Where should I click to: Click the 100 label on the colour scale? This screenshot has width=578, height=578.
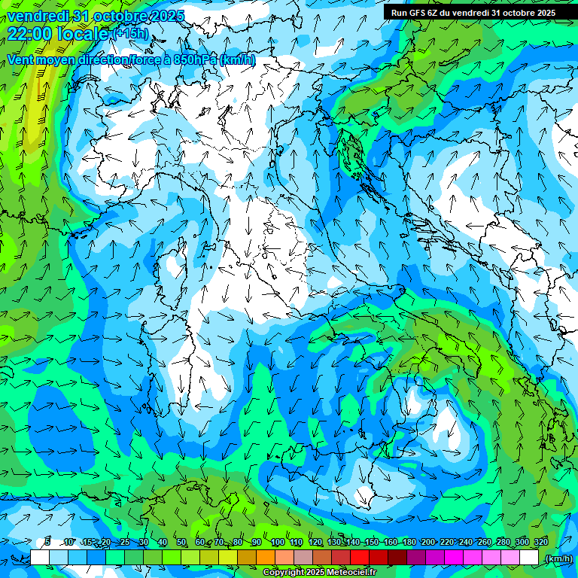278,542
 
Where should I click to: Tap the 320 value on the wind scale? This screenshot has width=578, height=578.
540,542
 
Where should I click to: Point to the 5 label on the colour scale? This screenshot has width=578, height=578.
47,542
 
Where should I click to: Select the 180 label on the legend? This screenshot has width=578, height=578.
409,542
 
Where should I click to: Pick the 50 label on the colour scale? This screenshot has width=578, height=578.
181,542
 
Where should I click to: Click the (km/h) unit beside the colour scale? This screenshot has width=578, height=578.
558,558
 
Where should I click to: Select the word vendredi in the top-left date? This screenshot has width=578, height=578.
38,16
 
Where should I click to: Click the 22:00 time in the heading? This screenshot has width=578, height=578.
32,33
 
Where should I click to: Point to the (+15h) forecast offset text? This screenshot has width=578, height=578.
130,34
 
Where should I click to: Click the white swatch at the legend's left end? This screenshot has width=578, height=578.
40,558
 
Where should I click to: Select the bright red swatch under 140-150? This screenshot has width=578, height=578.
360,558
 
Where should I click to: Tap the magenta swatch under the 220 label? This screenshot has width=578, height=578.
454,558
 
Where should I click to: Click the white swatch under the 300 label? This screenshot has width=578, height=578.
529,558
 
